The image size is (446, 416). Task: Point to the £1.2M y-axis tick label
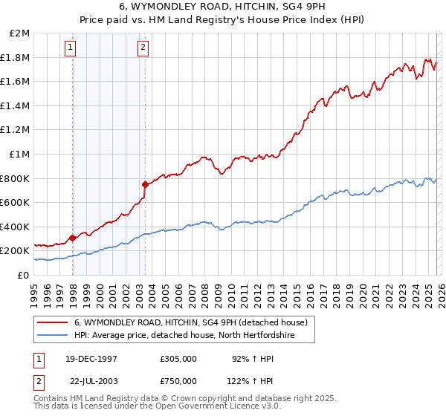point(17,130)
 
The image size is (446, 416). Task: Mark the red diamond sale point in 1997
point(73,238)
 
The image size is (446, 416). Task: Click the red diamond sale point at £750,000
point(145,184)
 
